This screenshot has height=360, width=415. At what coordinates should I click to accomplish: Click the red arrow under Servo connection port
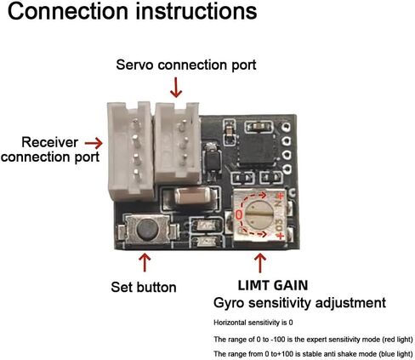pos(176,88)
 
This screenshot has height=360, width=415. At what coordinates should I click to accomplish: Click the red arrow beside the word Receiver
pos(94,143)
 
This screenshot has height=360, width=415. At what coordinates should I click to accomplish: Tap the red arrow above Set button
pos(145,262)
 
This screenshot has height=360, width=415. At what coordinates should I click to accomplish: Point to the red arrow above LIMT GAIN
pos(260,263)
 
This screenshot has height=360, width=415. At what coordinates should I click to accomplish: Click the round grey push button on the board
pos(147,229)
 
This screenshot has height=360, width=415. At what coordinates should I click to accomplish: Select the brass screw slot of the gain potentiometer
pos(259,215)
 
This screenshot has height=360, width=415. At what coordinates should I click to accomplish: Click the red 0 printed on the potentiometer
pos(239,215)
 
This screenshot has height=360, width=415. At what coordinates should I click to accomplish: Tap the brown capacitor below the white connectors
pos(193,196)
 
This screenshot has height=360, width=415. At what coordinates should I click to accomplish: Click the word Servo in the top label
pos(135,65)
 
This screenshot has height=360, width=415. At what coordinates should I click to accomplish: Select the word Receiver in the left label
pos(50,142)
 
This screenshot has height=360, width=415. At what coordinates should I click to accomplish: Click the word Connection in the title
pos(68,11)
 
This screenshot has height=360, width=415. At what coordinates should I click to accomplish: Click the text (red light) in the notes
pos(397,340)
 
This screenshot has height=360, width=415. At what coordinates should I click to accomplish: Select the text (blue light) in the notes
pos(396,354)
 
